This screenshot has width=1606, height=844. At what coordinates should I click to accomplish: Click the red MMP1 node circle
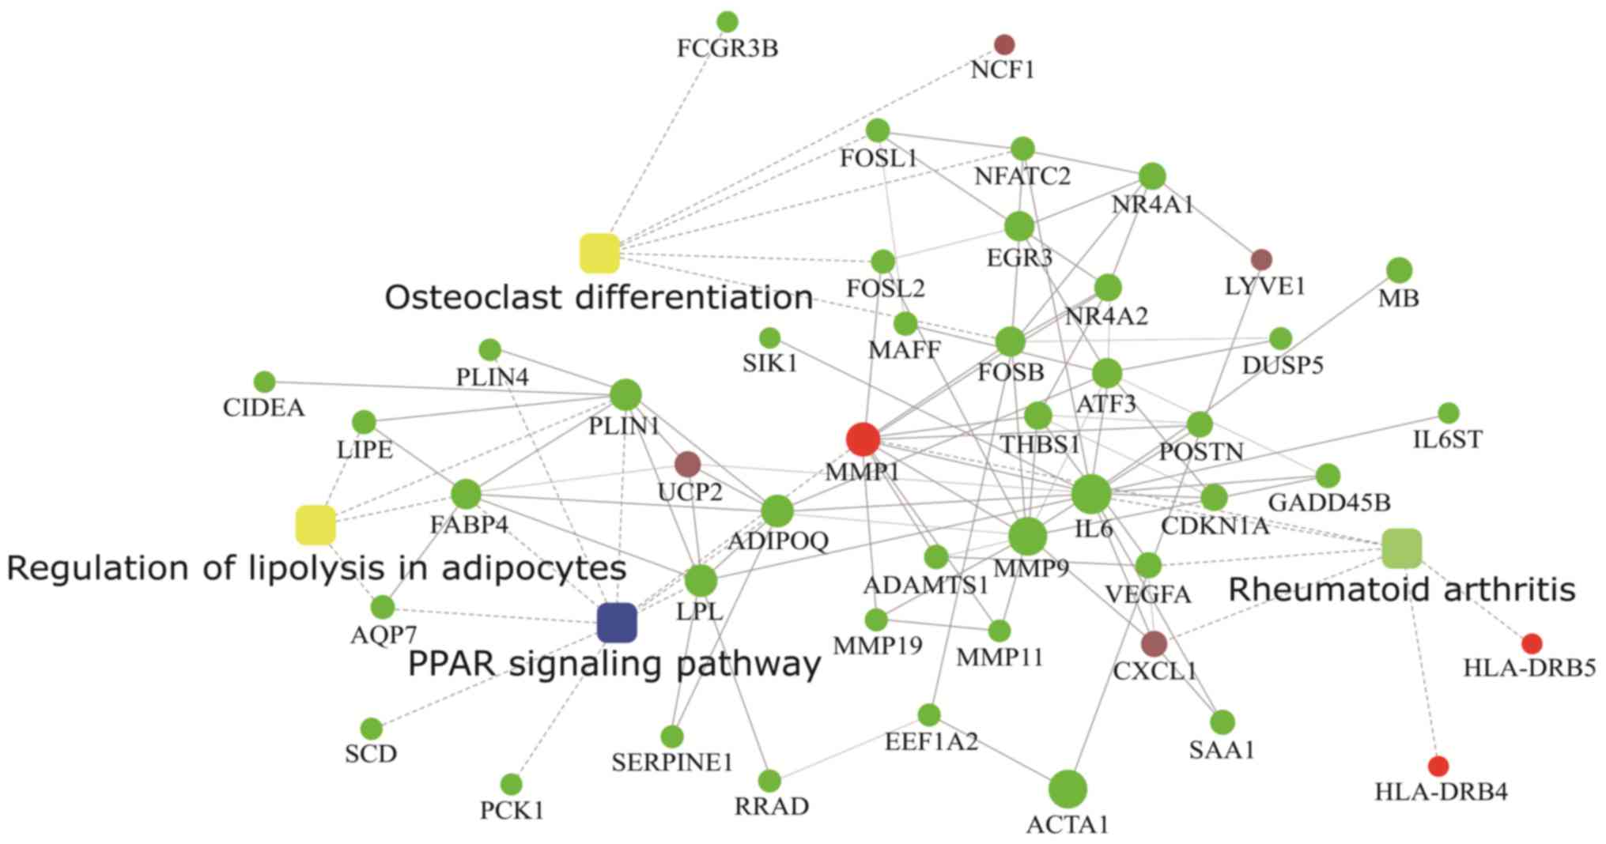[x=863, y=439]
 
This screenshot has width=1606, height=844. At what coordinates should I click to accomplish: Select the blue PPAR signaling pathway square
[x=617, y=622]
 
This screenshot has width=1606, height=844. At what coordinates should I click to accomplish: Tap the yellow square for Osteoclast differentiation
[x=599, y=253]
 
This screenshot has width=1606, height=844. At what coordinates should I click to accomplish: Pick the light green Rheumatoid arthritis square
[x=1402, y=548]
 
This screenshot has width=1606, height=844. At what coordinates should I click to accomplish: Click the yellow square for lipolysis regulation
[x=316, y=526]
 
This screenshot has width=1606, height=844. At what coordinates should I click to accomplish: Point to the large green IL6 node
[x=1091, y=495]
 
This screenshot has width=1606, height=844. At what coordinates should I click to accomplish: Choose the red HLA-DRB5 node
[x=1532, y=643]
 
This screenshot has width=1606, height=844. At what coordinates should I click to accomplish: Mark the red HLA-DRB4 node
[x=1438, y=766]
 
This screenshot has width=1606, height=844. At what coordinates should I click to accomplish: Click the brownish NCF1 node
[x=1003, y=44]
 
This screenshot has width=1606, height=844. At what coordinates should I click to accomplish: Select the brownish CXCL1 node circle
[x=1154, y=643]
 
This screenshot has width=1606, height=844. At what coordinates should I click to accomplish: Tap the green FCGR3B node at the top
[x=727, y=22]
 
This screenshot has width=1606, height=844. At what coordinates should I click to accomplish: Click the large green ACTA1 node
[x=1068, y=789]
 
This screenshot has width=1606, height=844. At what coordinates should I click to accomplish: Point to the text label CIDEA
[x=263, y=409]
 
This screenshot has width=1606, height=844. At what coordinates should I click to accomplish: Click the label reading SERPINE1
[x=672, y=763]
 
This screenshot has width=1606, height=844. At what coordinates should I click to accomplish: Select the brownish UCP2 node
[x=687, y=464]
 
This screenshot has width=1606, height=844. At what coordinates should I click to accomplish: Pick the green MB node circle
[x=1399, y=270]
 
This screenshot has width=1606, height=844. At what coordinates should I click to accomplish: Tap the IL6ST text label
[x=1448, y=439]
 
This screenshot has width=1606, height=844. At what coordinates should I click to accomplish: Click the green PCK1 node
[x=512, y=784]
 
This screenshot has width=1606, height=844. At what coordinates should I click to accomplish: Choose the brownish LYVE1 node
[x=1261, y=258]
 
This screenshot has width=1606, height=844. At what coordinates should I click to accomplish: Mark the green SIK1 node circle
[x=769, y=338]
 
